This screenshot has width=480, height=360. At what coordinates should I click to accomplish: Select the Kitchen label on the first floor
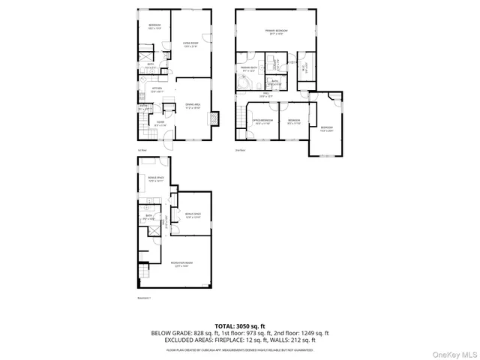point(157,89)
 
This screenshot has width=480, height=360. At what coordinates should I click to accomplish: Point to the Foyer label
point(160,124)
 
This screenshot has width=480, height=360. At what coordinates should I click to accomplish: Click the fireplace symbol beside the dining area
point(215,118)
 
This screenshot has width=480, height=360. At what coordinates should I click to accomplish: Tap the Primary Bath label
point(248,69)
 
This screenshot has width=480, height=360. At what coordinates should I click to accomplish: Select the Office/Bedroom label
point(263,121)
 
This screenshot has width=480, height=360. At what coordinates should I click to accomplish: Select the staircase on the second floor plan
point(241,117)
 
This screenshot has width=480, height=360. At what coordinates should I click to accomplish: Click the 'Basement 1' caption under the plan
point(144,298)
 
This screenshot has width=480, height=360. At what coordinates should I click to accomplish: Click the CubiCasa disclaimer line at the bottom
point(239,349)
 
